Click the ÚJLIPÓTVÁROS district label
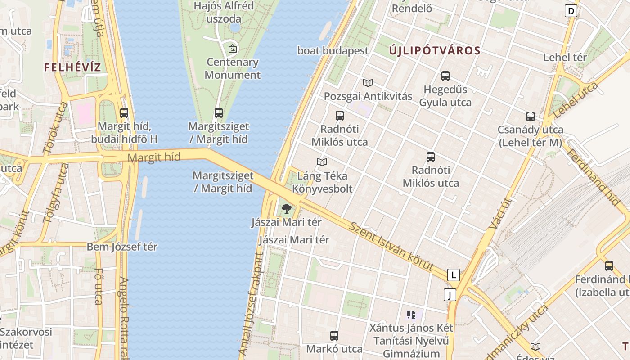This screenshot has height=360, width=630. pyautogui.click(x=435, y=50)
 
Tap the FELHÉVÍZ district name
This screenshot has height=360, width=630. pyautogui.click(x=72, y=67)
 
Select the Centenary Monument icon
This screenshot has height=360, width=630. pyautogui.click(x=233, y=49)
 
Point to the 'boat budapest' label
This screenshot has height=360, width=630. pyautogui.click(x=333, y=51)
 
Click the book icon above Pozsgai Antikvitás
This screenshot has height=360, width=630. pyautogui.click(x=368, y=83)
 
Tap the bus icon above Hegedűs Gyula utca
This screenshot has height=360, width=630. pyautogui.click(x=445, y=76)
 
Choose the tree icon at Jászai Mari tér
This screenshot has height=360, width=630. pyautogui.click(x=286, y=209)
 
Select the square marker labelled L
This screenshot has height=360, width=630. pyautogui.click(x=454, y=274)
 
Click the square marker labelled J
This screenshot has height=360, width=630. pyautogui.click(x=450, y=295)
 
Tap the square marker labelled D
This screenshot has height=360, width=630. pyautogui.click(x=571, y=11)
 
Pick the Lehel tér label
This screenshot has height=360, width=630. pyautogui.click(x=565, y=58)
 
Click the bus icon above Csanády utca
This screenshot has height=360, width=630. pyautogui.click(x=531, y=117)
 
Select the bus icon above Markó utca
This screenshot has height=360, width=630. pyautogui.click(x=334, y=335)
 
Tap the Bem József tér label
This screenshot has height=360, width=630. pyautogui.click(x=122, y=247)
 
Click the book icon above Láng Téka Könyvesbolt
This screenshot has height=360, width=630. pyautogui.click(x=322, y=162)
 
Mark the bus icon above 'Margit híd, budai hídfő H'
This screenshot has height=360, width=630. pyautogui.click(x=124, y=113)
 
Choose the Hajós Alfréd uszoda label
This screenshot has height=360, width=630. pyautogui.click(x=224, y=12)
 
